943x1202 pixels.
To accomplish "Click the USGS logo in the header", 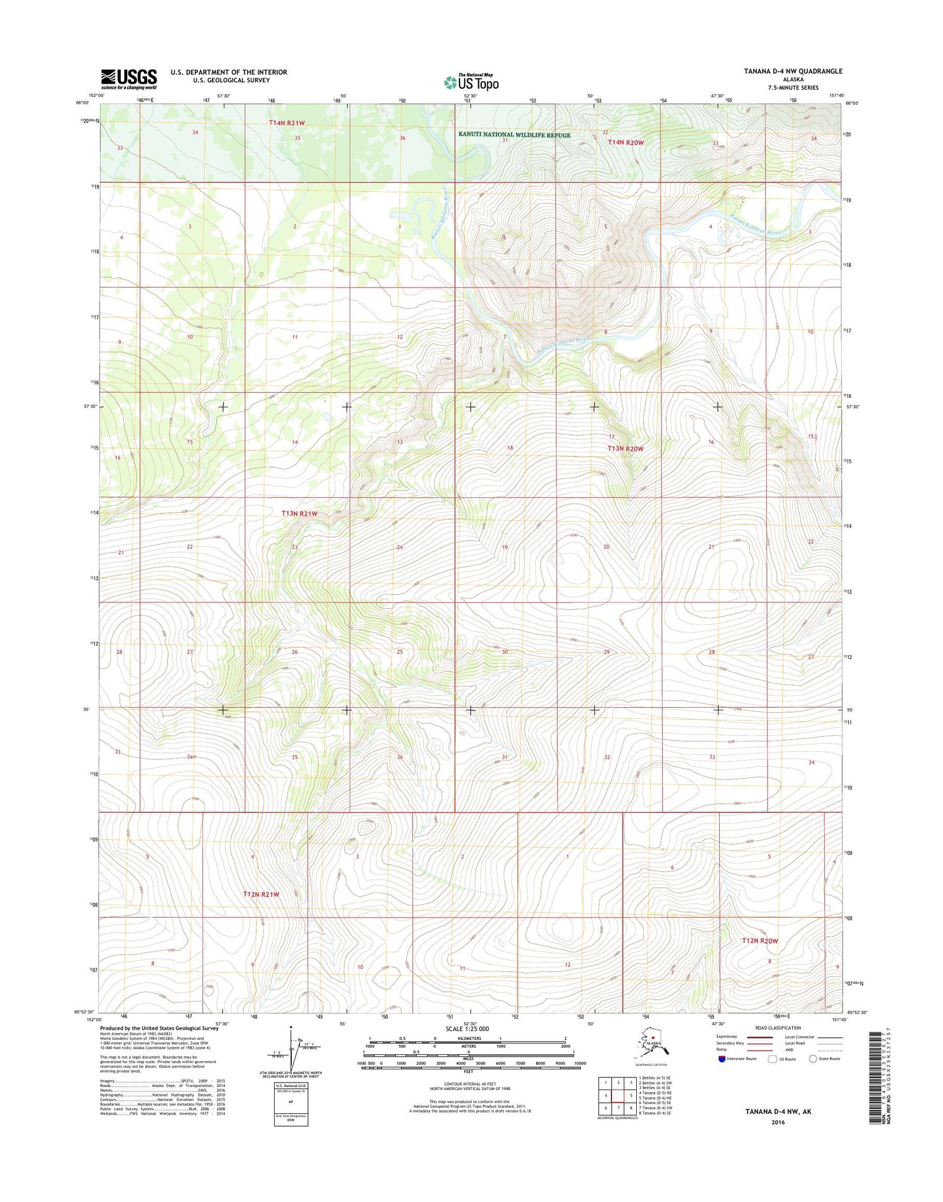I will [x=129, y=79].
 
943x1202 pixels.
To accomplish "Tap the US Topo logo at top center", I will [x=472, y=82].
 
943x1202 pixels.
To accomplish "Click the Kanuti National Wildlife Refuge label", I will [x=514, y=135].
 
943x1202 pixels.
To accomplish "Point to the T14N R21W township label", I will [x=287, y=123].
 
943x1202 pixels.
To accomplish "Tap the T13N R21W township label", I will [x=299, y=514].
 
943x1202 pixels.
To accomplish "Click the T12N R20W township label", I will [x=759, y=941].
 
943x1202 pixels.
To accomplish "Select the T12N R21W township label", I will [x=261, y=894].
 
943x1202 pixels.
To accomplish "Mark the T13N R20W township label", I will [x=625, y=449].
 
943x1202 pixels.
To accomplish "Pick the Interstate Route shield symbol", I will [x=721, y=1059].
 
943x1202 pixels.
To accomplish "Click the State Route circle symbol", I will [x=813, y=1059].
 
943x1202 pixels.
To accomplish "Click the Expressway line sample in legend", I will [x=759, y=1037].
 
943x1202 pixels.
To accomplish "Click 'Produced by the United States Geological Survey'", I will [x=159, y=1028].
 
